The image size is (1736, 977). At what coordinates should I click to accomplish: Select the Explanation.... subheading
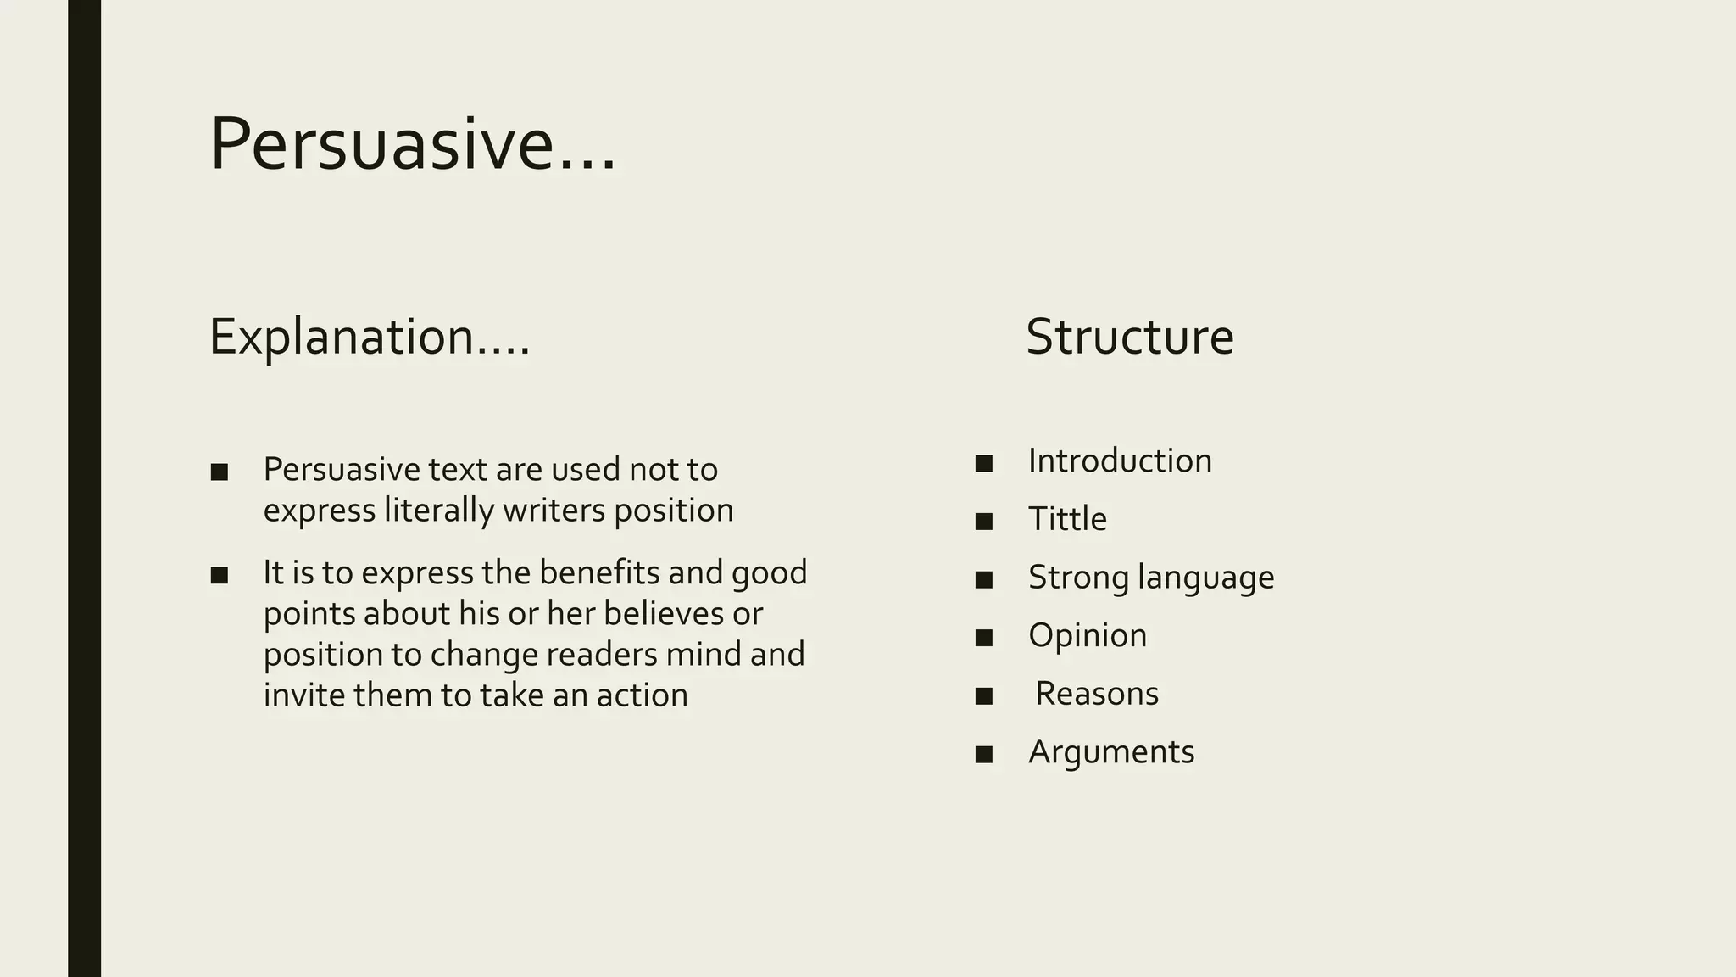[370, 337]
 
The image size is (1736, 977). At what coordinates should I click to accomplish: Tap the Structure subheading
[1129, 337]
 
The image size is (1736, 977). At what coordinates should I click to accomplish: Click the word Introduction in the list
[1120, 461]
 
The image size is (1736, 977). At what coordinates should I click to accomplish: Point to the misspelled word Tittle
[1067, 519]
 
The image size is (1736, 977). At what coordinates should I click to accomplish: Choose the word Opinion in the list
[1088, 635]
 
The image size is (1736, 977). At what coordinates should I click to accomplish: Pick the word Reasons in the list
[1097, 694]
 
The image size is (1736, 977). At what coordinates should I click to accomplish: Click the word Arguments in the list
[1111, 752]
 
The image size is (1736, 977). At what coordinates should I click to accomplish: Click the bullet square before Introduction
[983, 464]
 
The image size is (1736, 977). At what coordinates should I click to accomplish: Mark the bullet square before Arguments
[983, 755]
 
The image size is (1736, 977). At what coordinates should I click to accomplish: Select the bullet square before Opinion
[983, 638]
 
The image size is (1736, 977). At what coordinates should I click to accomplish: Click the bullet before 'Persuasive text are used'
[219, 472]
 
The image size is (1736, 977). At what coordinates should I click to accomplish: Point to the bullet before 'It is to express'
[219, 576]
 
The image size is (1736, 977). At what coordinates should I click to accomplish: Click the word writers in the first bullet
[554, 511]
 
